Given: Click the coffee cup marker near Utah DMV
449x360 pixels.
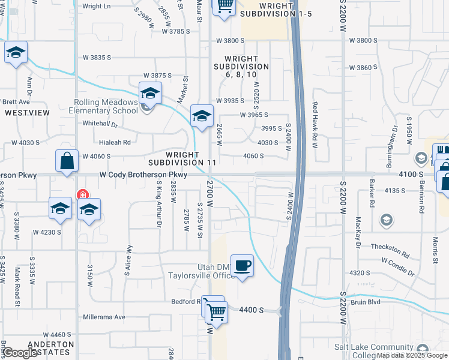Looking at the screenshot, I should [x=242, y=265].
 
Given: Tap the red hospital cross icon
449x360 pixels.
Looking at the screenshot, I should [x=82, y=196].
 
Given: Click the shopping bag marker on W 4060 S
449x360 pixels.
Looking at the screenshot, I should [x=67, y=161].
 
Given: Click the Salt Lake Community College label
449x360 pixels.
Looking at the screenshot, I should [x=378, y=352].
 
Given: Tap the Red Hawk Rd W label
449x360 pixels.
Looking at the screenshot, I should [x=314, y=125].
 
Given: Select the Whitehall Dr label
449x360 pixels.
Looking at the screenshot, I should [x=100, y=123].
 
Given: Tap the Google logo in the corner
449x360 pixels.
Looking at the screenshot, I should [x=21, y=353].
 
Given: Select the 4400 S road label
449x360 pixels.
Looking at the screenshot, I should [x=252, y=310].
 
